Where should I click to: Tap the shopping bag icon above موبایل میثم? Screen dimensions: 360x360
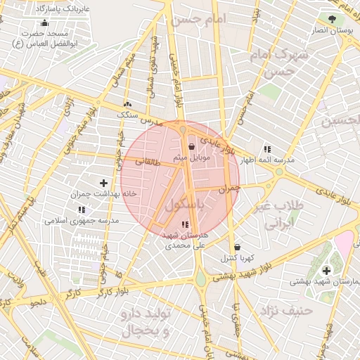(x=192, y=147)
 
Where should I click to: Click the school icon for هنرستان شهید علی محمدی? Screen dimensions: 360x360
(x=185, y=224)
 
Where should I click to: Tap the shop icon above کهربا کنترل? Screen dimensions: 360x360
(x=237, y=247)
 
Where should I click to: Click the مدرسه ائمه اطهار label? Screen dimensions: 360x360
(x=267, y=160)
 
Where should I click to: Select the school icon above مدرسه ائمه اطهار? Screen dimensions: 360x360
(x=267, y=149)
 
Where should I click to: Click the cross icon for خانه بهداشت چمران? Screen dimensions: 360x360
(x=104, y=183)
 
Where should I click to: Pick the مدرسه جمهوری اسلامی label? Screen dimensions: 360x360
(x=82, y=220)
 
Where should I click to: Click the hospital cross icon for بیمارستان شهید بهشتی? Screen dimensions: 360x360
(x=326, y=271)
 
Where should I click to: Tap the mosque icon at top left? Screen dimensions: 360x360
(x=45, y=22)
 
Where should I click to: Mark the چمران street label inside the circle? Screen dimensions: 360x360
(x=229, y=189)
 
